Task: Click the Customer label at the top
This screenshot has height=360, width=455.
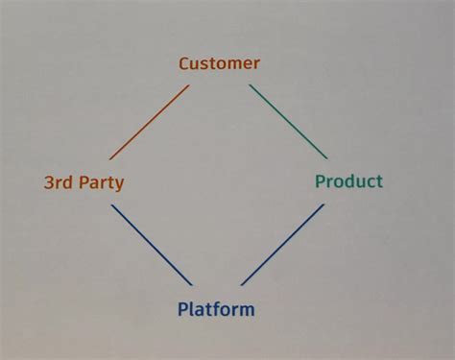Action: click(x=219, y=63)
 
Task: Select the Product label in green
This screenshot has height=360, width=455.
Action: click(x=348, y=181)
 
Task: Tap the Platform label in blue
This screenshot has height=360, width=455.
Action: click(x=216, y=309)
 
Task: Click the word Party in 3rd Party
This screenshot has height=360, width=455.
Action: click(x=101, y=182)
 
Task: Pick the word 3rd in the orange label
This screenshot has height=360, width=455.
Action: click(x=60, y=181)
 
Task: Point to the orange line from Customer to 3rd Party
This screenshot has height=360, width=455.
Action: click(x=149, y=122)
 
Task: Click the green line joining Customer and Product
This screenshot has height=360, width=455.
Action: click(x=288, y=121)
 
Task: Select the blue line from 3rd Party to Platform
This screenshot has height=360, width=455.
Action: click(x=152, y=245)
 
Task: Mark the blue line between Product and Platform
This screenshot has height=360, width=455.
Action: click(x=283, y=244)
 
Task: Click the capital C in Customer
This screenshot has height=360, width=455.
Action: click(x=184, y=63)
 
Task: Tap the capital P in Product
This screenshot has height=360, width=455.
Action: click(x=320, y=181)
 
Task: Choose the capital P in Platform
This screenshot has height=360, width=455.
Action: click(x=182, y=309)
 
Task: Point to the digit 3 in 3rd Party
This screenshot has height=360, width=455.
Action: click(x=49, y=181)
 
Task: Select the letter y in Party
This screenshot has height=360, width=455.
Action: click(x=119, y=184)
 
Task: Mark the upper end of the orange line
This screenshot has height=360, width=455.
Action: click(x=188, y=85)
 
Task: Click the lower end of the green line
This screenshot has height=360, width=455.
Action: click(x=326, y=157)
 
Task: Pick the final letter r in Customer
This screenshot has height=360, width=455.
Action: click(x=256, y=64)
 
